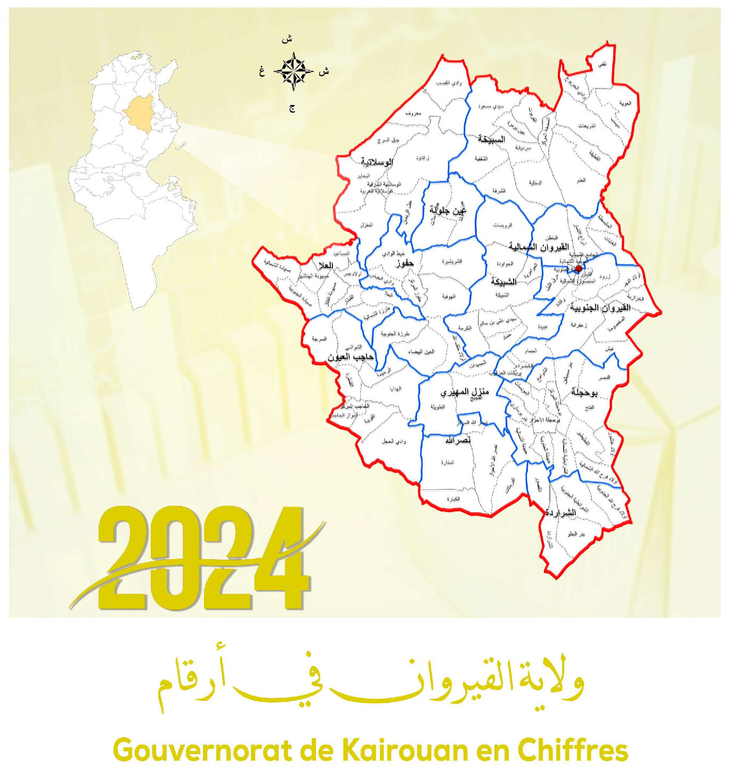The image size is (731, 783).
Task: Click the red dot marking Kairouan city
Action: click(x=579, y=269)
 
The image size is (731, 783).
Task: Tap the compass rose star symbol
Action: click(x=293, y=71)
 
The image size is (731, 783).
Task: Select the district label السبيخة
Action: click(x=491, y=139)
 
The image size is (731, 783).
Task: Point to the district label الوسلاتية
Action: click(x=377, y=162)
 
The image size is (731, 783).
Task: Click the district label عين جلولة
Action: click(x=448, y=211)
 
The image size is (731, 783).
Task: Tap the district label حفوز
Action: click(x=405, y=263)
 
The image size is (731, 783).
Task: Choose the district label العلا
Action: click(x=325, y=265)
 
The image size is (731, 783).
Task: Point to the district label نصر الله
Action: click(x=458, y=440)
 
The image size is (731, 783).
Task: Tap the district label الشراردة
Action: click(x=561, y=513)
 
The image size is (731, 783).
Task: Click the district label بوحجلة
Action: click(x=584, y=392)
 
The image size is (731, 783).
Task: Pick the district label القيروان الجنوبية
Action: click(x=600, y=308)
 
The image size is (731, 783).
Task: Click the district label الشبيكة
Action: click(x=503, y=281)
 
